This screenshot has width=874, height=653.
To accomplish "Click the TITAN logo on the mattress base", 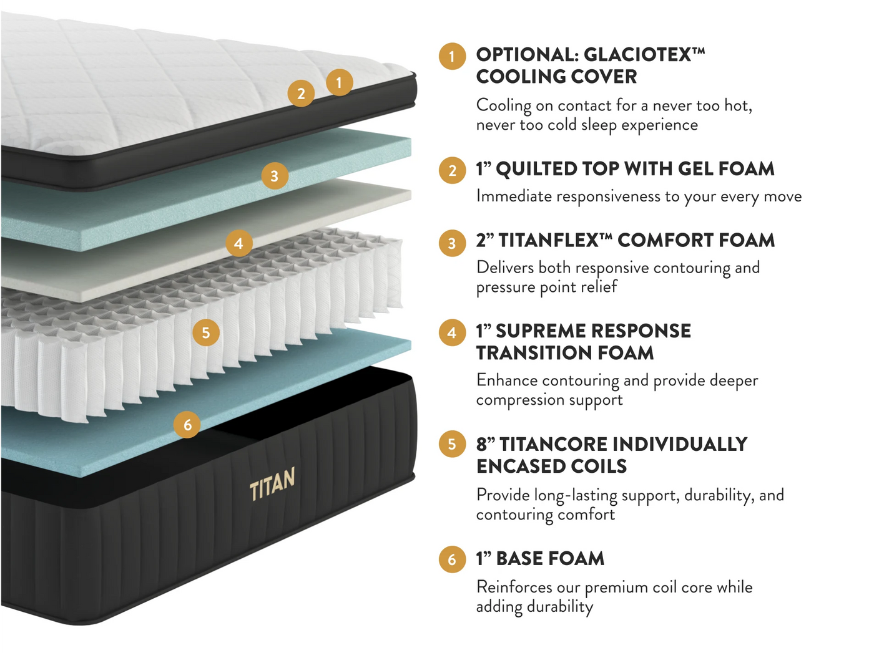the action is pyautogui.click(x=272, y=483).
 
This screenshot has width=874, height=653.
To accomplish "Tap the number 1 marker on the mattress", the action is pyautogui.click(x=339, y=82).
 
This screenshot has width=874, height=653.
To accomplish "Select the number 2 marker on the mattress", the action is pyautogui.click(x=301, y=94).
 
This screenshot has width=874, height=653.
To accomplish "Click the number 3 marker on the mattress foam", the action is pyautogui.click(x=275, y=176).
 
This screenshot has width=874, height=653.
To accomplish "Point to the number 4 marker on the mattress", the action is pyautogui.click(x=239, y=243).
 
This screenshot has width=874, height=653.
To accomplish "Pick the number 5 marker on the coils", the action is pyautogui.click(x=206, y=332).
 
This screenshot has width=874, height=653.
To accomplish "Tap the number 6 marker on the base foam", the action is pyautogui.click(x=187, y=425).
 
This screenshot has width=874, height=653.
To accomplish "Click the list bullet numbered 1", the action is pyautogui.click(x=452, y=57).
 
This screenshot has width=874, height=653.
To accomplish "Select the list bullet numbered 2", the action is pyautogui.click(x=452, y=171).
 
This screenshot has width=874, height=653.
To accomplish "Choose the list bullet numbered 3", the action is pyautogui.click(x=452, y=243).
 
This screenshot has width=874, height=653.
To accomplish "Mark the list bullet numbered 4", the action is pyautogui.click(x=452, y=332).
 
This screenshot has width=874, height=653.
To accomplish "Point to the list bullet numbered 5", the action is pyautogui.click(x=452, y=444).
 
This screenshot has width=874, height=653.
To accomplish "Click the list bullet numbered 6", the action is pyautogui.click(x=452, y=559).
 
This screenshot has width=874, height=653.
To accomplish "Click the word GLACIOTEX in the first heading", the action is pyautogui.click(x=638, y=55).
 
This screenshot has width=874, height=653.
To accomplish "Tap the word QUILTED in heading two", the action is pyautogui.click(x=536, y=169).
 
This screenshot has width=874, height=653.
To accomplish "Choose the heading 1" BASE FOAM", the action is pyautogui.click(x=541, y=558).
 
